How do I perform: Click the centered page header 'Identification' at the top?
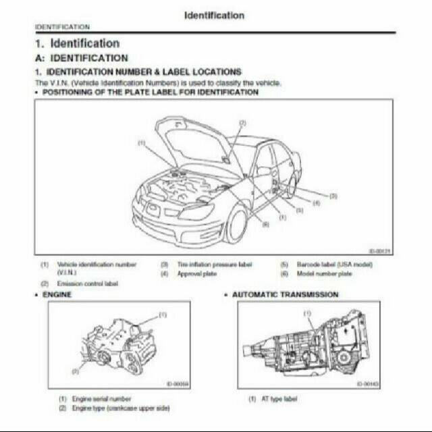[214, 15]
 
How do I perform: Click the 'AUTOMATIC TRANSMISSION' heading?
[286, 295]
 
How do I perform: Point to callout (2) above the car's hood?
[242, 123]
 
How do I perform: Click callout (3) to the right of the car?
[333, 195]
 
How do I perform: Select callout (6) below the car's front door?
[265, 224]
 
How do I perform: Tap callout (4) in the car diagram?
[316, 202]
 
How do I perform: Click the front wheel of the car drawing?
[236, 224]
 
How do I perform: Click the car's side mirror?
[262, 171]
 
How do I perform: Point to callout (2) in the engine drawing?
[75, 371]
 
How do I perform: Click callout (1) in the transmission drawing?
[308, 313]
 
